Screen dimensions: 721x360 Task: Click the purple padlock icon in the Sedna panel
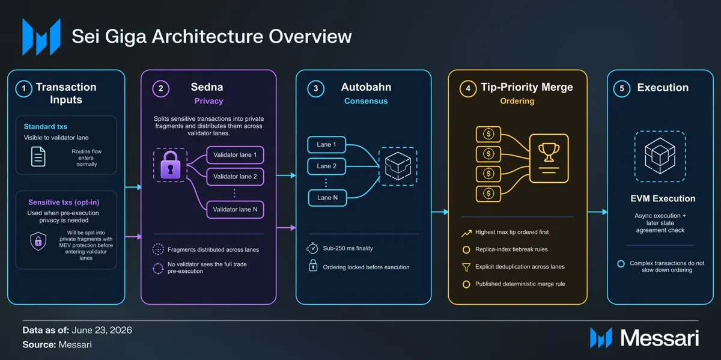point(170,165)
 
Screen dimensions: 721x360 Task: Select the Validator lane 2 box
point(235,177)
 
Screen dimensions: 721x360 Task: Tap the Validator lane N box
point(235,210)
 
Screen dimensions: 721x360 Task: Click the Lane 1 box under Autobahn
point(326,145)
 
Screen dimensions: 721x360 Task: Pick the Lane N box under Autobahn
point(327,198)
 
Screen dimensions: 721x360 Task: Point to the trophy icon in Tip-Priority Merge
point(549,152)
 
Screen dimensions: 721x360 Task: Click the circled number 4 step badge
point(468,88)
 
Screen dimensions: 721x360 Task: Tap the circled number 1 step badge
point(24,88)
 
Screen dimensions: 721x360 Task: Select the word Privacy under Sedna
point(208,101)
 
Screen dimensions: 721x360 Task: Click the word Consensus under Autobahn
point(366,101)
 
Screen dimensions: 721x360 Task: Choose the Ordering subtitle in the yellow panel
point(517,101)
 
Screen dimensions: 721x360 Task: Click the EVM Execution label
point(663,198)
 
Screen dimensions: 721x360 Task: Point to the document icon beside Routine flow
point(38,156)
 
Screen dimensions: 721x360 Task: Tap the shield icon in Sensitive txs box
point(38,241)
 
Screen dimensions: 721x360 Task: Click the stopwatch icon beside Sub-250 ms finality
point(312,248)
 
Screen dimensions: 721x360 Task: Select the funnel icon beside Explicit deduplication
point(466,267)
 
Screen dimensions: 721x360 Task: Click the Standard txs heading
point(46,127)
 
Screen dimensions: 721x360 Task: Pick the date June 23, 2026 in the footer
point(102,331)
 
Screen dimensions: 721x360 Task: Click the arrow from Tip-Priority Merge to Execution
point(597,212)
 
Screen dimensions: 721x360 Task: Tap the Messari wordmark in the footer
point(660,338)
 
